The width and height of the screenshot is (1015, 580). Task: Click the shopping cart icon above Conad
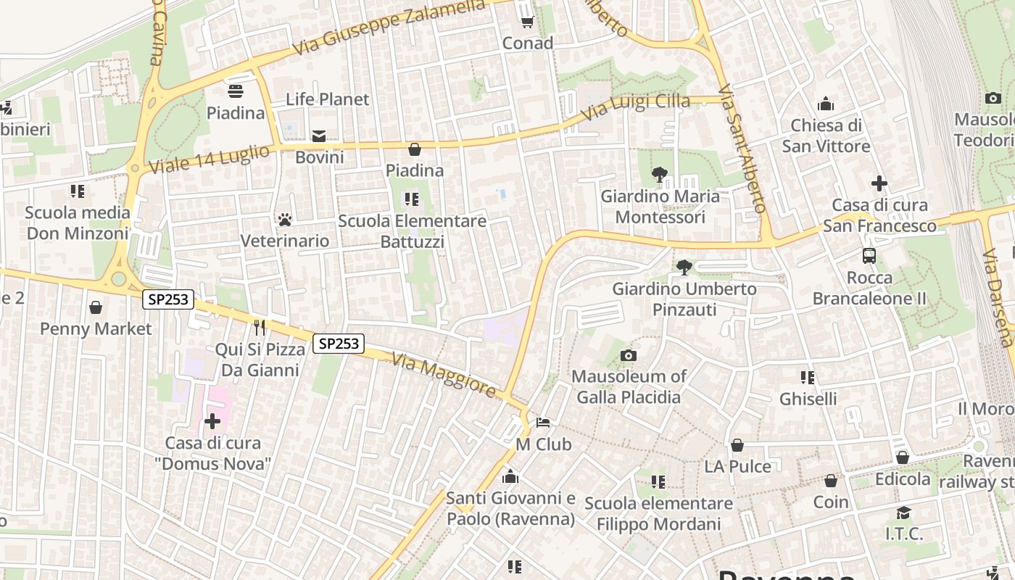pyautogui.click(x=527, y=22)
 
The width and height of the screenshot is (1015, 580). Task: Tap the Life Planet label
pyautogui.click(x=327, y=99)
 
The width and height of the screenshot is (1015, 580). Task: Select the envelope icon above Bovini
pyautogui.click(x=319, y=136)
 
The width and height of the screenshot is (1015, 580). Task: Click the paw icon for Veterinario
pyautogui.click(x=285, y=219)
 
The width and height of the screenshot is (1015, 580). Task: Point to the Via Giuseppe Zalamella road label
pyautogui.click(x=389, y=27)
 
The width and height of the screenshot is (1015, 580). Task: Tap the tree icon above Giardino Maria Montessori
pyautogui.click(x=659, y=175)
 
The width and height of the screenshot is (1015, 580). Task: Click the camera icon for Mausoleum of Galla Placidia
pyautogui.click(x=629, y=355)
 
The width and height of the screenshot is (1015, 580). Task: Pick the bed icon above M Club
pyautogui.click(x=543, y=423)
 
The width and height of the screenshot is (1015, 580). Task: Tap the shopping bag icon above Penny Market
pyautogui.click(x=96, y=307)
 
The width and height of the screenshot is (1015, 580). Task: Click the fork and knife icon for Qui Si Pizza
pyautogui.click(x=260, y=328)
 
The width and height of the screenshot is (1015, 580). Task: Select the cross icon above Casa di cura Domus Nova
pyautogui.click(x=212, y=420)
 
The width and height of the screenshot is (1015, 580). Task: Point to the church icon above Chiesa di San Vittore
pyautogui.click(x=825, y=104)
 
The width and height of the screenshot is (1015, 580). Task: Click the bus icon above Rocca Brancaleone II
pyautogui.click(x=869, y=255)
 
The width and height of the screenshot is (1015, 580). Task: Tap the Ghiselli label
pyautogui.click(x=808, y=399)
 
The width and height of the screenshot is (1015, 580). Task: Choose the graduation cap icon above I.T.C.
pyautogui.click(x=903, y=513)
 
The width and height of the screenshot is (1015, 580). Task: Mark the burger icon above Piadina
pyautogui.click(x=236, y=91)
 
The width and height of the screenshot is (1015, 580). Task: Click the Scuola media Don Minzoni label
pyautogui.click(x=78, y=223)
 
